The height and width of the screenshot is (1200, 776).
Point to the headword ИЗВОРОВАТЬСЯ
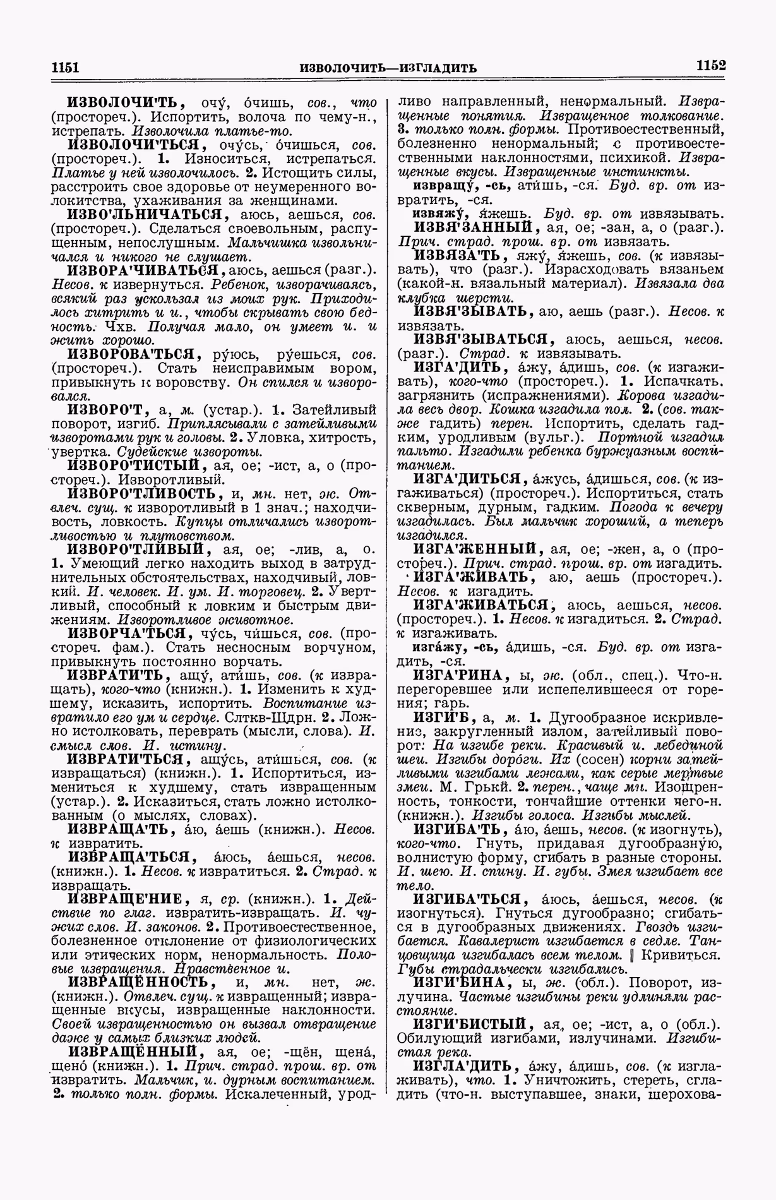point(134,354)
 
